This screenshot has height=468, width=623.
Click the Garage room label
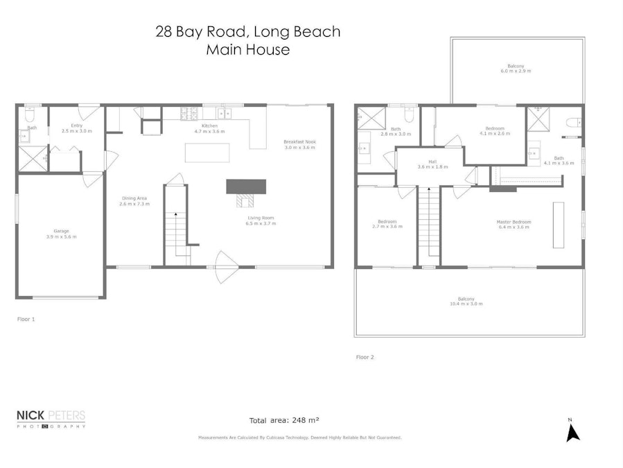pyautogui.click(x=60, y=234)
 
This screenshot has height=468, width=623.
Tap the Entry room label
pyautogui.click(x=76, y=128)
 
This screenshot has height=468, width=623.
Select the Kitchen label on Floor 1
pyautogui.click(x=209, y=128)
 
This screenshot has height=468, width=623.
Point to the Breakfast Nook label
pyautogui.click(x=299, y=144)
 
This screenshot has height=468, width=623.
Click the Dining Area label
pyautogui.click(x=133, y=201)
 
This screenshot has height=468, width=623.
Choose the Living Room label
pyautogui.click(x=262, y=220)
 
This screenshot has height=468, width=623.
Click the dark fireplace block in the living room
pyautogui.click(x=246, y=187)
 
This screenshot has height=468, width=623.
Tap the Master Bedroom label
pyautogui.click(x=513, y=225)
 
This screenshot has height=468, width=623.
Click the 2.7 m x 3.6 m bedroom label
pyautogui.click(x=387, y=224)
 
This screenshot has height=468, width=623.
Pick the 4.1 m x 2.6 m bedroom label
pyautogui.click(x=494, y=132)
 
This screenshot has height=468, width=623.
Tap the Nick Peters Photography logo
pyautogui.click(x=51, y=419)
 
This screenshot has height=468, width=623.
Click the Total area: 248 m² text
pyautogui.click(x=284, y=420)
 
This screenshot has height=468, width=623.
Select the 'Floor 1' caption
pyautogui.click(x=26, y=320)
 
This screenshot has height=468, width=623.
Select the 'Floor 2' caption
pyautogui.click(x=365, y=357)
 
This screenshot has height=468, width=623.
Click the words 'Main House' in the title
pyautogui.click(x=247, y=50)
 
